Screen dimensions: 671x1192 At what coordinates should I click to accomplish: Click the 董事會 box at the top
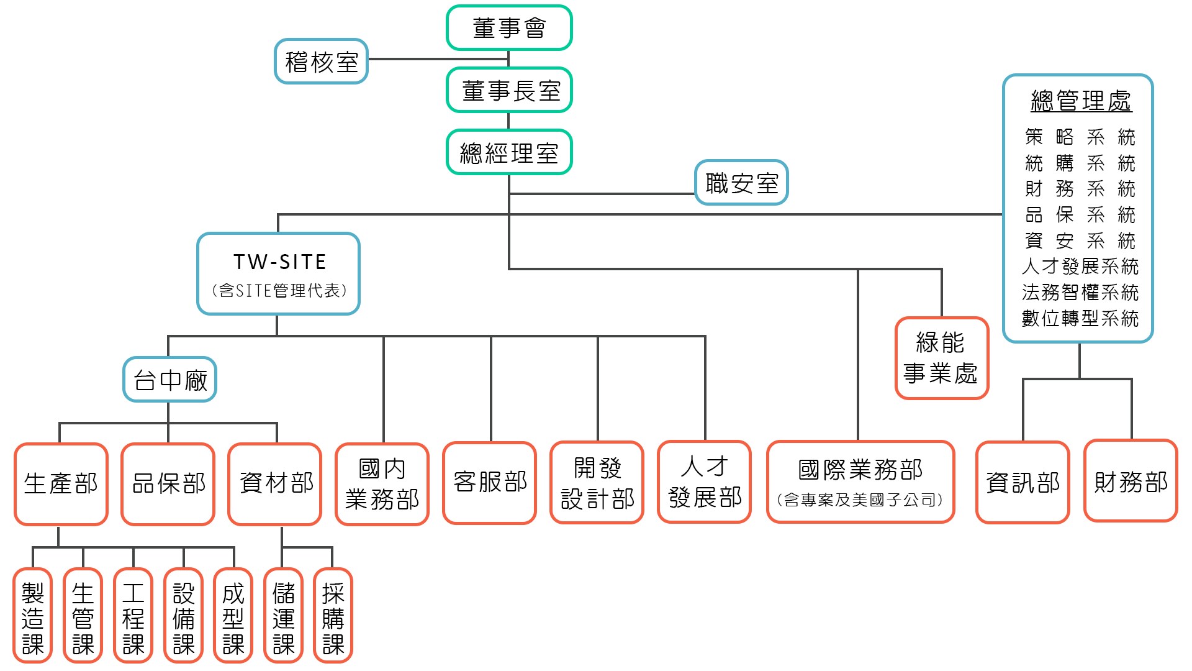click(509, 28)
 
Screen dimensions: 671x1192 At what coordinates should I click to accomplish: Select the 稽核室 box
click(322, 62)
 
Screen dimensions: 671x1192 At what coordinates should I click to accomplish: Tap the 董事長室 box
click(509, 91)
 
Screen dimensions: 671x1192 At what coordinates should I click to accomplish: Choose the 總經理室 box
click(509, 153)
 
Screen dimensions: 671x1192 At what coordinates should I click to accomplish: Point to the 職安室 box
click(741, 183)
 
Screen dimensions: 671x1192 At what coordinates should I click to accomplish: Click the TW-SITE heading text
click(279, 262)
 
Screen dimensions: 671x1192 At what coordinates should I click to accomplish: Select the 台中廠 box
click(170, 380)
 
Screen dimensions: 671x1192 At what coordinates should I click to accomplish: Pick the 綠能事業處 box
click(941, 358)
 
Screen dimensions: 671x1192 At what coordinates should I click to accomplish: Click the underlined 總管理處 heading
click(1081, 101)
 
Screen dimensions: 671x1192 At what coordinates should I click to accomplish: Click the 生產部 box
click(61, 483)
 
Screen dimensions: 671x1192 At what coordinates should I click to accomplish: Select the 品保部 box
click(168, 483)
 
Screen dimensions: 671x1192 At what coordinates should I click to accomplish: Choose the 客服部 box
click(490, 482)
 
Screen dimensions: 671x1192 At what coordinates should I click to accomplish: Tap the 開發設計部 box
click(597, 483)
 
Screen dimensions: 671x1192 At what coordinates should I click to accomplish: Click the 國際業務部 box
click(860, 482)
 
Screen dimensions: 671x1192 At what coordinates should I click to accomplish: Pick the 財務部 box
click(1131, 482)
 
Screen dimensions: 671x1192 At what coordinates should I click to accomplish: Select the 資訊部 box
click(1023, 482)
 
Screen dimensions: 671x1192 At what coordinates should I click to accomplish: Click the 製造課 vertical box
click(33, 616)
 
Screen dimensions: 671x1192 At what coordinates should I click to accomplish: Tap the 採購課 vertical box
click(333, 616)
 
